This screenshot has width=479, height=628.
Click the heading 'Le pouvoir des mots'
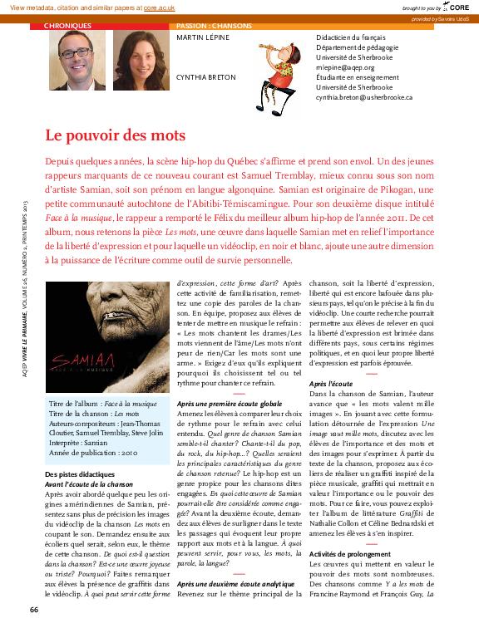coord(115,135)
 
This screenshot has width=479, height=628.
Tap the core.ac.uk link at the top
coord(162,7)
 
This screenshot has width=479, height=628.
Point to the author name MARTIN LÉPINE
coord(204,38)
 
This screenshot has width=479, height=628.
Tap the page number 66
coord(34,611)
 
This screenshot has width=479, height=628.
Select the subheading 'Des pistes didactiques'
coord(81,474)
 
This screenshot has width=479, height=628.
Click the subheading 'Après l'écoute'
coord(329,384)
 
